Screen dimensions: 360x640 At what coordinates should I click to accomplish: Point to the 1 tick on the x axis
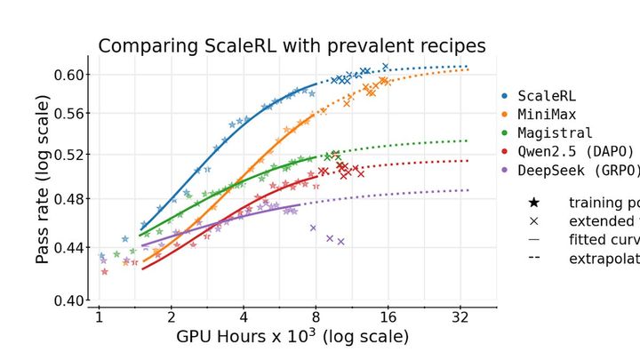pyautogui.click(x=100, y=316)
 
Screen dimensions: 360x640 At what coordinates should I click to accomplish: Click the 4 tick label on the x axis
pyautogui.click(x=243, y=316)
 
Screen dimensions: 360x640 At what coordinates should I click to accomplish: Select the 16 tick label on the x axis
pyautogui.click(x=387, y=316)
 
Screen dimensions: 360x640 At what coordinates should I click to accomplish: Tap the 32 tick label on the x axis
pyautogui.click(x=459, y=316)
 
